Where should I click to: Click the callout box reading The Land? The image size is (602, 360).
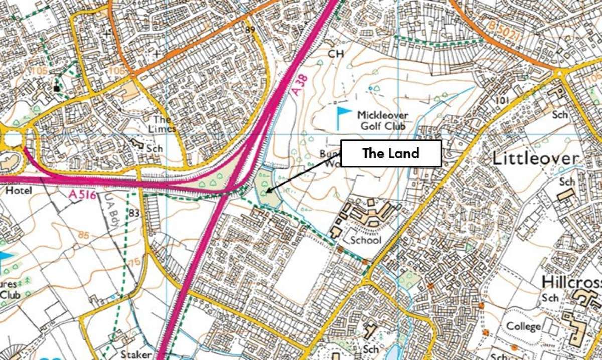[391, 153]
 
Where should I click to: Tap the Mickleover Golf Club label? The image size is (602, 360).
[382, 121]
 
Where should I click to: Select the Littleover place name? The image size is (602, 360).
[535, 159]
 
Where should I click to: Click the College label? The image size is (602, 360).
[523, 327]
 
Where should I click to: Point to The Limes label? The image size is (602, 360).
[164, 124]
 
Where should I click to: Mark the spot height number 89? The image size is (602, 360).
[251, 30]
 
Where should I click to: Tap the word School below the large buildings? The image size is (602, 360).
[366, 240]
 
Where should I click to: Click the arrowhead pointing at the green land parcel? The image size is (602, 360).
[268, 190]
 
